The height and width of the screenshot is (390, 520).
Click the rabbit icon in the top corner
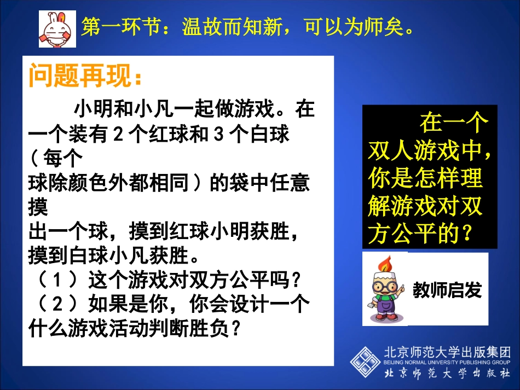coord(57,29)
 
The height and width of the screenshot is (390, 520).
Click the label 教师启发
coord(447,290)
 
